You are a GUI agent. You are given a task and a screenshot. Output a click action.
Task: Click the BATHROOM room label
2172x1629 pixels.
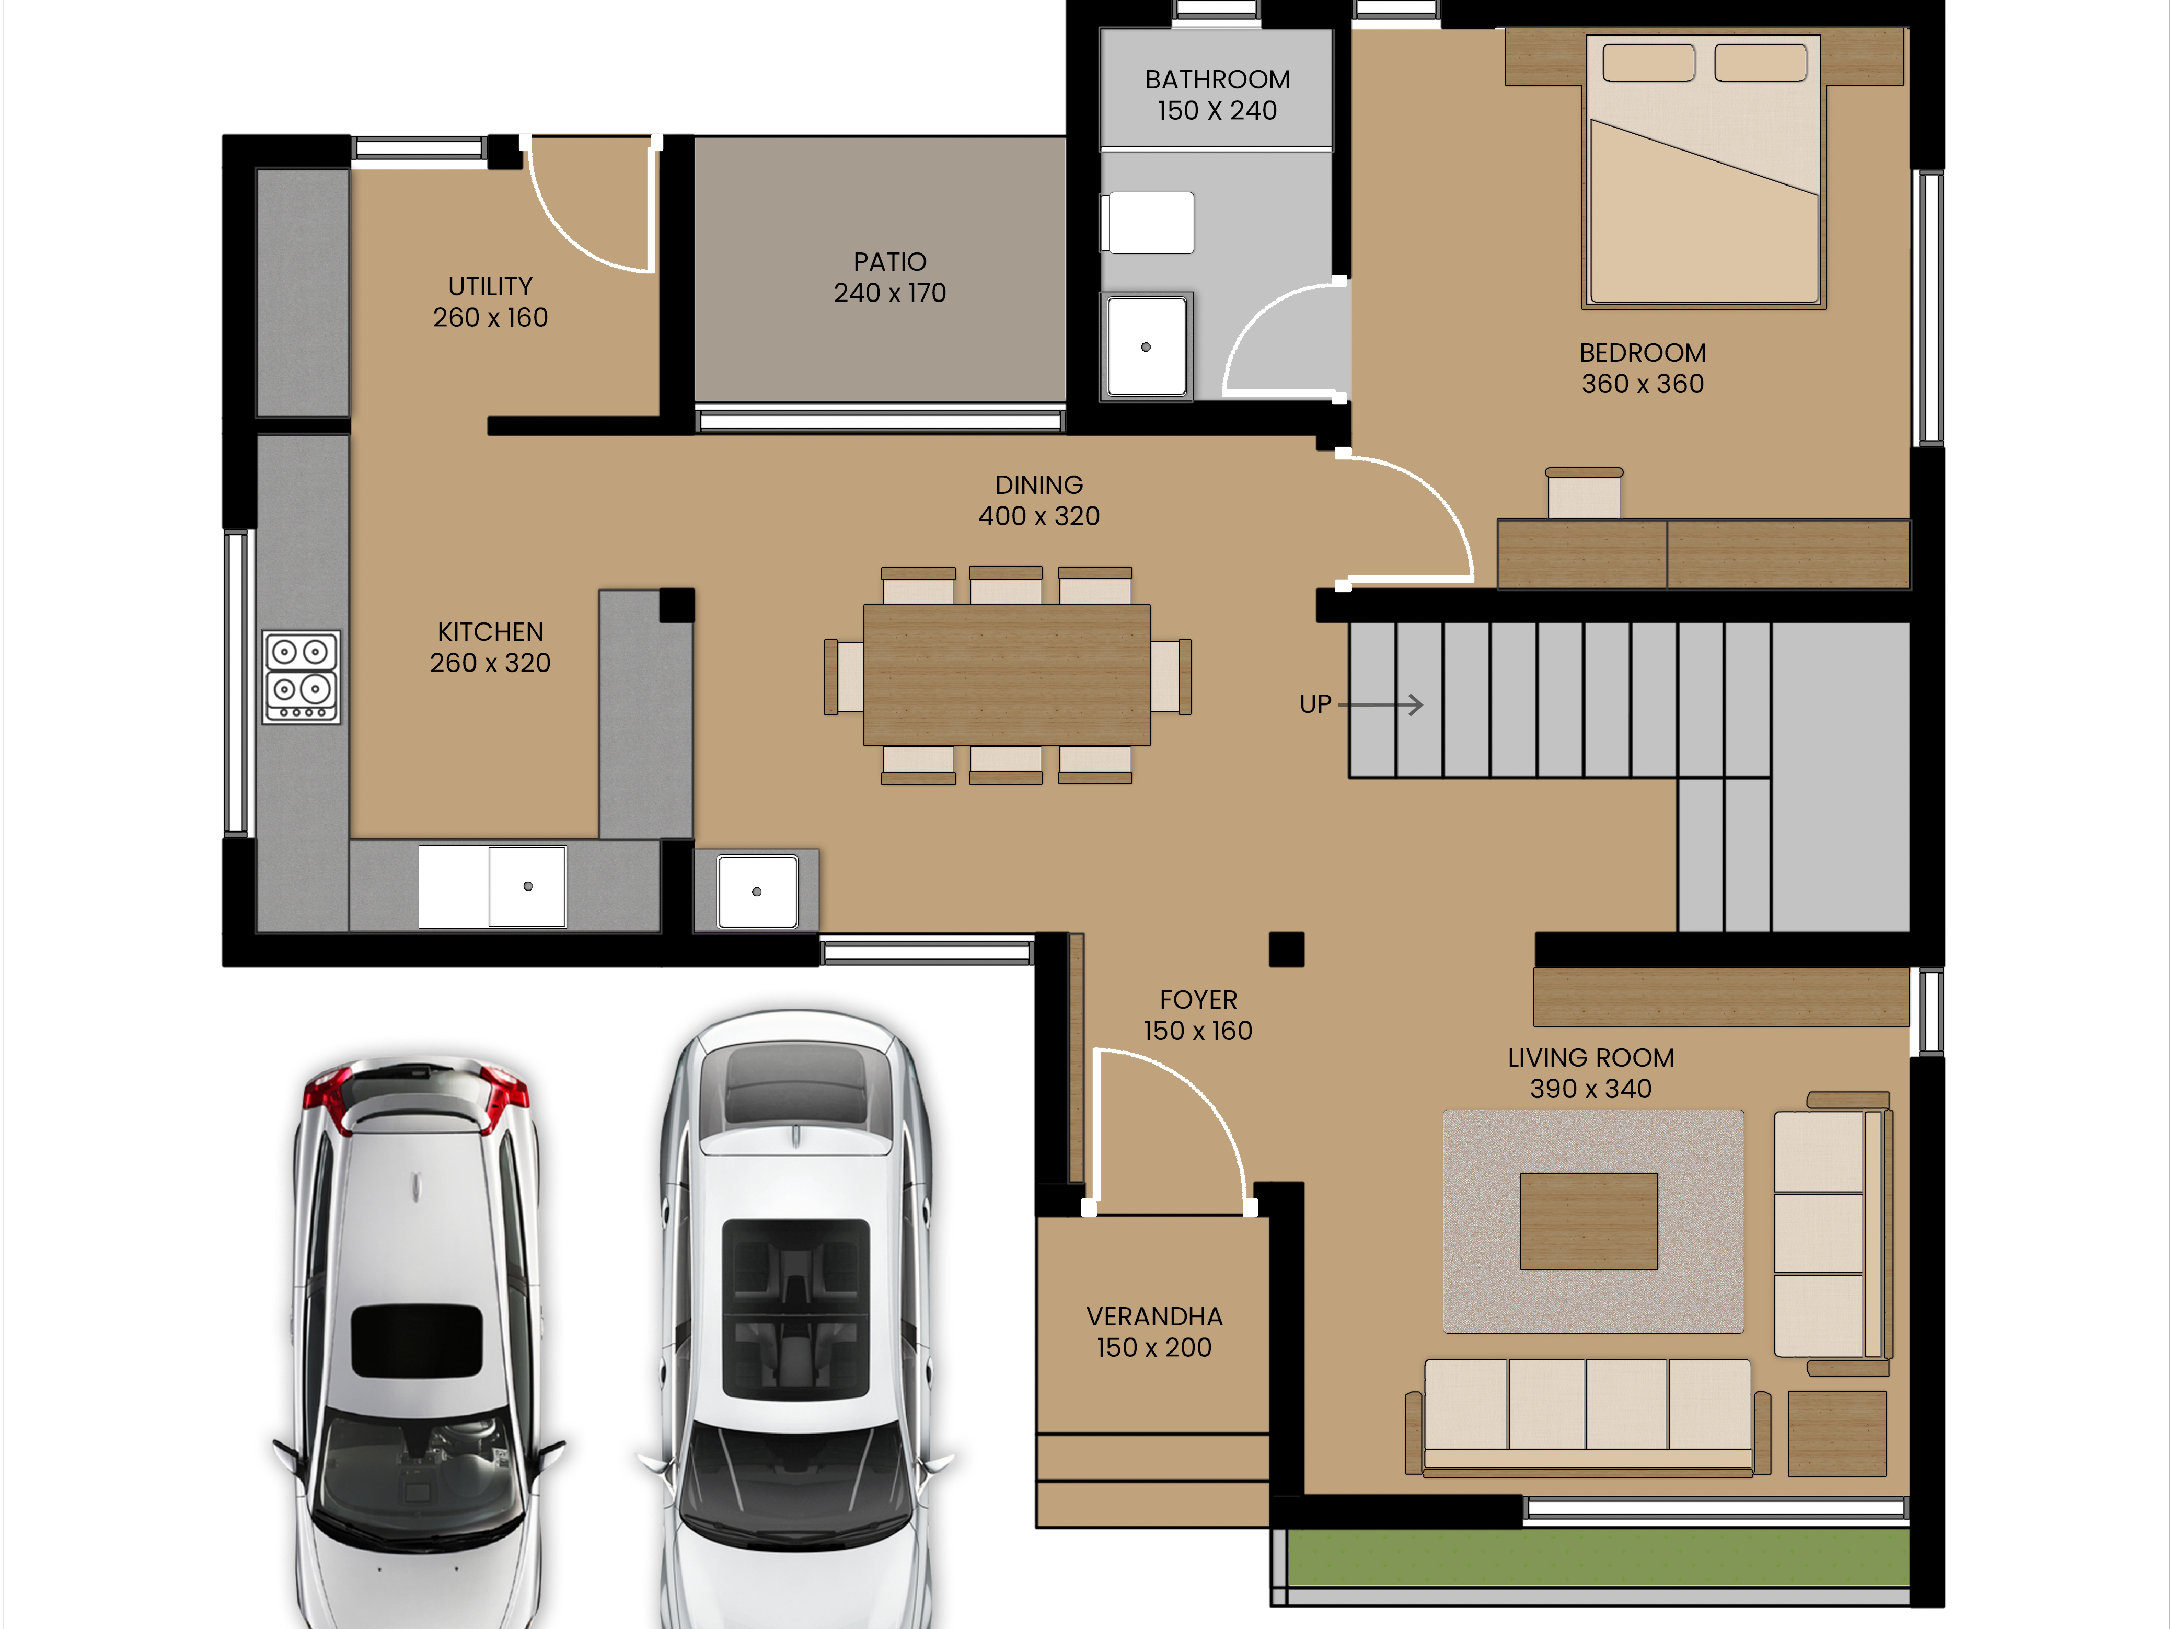1218,79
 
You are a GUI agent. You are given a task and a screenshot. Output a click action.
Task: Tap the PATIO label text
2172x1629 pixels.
889,262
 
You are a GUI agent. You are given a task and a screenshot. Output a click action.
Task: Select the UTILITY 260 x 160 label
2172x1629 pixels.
490,302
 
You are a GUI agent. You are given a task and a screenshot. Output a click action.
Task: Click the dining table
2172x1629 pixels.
1007,676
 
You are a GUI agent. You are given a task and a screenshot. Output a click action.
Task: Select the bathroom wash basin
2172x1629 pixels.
1146,345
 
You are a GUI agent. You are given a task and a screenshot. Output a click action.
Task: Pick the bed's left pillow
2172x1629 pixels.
1649,63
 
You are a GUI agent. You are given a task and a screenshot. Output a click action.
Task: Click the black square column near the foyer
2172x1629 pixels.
1286,950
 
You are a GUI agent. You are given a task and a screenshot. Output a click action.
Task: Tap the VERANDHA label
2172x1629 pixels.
1155,1317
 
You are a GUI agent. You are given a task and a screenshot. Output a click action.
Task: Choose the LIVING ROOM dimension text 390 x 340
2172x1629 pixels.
1591,1089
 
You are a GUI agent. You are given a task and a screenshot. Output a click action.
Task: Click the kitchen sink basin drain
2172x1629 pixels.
528,887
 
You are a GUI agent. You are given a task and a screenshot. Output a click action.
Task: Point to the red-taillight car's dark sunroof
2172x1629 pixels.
417,1341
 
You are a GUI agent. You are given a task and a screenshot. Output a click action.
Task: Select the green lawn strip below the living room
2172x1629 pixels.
1598,1556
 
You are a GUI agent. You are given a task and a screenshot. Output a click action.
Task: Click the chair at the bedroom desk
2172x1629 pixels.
1584,493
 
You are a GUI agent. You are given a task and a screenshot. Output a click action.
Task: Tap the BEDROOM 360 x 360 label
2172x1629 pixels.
1643,368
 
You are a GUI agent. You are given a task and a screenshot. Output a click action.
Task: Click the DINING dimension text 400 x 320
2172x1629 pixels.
1039,516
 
